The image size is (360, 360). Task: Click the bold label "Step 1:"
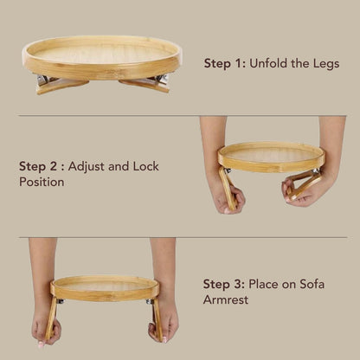click(x=225, y=64)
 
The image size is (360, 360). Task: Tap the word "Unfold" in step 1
click(x=273, y=64)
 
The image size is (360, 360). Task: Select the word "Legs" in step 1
click(x=325, y=64)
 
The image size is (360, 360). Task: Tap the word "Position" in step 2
click(x=42, y=183)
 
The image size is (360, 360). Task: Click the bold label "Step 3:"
click(x=224, y=283)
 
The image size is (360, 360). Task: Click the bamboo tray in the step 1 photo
click(x=101, y=54)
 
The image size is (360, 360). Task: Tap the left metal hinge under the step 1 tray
click(x=43, y=80)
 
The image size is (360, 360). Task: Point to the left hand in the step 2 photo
click(x=228, y=195)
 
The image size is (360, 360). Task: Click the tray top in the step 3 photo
click(x=104, y=286)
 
